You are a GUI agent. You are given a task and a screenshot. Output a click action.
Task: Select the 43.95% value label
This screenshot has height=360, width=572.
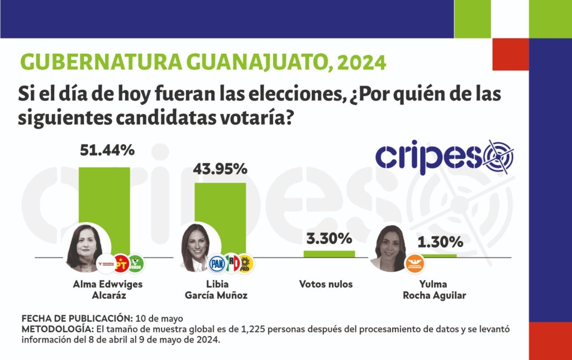tap(220, 168)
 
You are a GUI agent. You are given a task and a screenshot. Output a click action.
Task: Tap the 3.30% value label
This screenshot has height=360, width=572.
tap(329, 239)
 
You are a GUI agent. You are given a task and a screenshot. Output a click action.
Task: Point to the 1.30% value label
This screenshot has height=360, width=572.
tap(440, 242)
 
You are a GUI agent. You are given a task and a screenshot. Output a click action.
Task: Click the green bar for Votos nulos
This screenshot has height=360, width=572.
tap(329, 253)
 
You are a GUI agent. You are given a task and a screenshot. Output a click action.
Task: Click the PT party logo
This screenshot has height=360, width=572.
tap(121, 262)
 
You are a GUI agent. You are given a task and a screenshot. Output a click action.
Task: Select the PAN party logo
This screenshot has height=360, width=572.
tap(217, 263)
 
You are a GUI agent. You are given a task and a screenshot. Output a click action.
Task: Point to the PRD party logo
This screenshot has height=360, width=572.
tap(247, 263)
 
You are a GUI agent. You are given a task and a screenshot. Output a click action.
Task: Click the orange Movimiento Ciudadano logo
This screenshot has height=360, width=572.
tap(414, 263)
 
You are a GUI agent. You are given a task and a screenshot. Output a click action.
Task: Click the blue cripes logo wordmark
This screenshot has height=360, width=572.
tap(427, 157)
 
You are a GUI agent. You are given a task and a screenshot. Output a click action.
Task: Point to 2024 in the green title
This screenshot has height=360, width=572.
tap(362, 61)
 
